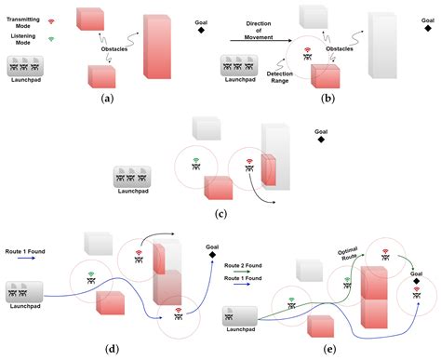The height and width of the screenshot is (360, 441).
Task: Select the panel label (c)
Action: [x=220, y=212]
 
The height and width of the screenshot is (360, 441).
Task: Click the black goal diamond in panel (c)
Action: [x=321, y=145]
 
